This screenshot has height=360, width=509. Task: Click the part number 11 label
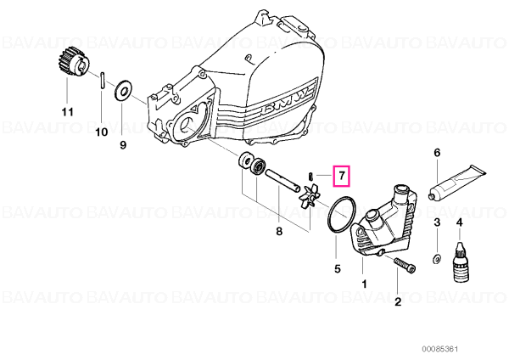point(68,112)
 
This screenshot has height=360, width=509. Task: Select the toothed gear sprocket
point(70,65)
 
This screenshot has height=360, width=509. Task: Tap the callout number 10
point(102,132)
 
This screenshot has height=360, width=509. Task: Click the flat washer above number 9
point(123,90)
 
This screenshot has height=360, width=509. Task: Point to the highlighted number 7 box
point(342,176)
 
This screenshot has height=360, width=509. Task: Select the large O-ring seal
point(342,214)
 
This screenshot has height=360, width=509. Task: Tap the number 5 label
point(338,268)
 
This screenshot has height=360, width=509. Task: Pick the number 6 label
point(437,152)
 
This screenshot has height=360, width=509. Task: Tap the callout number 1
point(364,284)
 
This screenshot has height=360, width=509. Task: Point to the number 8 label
point(279,231)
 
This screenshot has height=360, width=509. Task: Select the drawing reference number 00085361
point(439,349)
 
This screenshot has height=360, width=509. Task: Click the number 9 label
point(123,144)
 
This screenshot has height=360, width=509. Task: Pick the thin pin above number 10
point(102,80)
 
